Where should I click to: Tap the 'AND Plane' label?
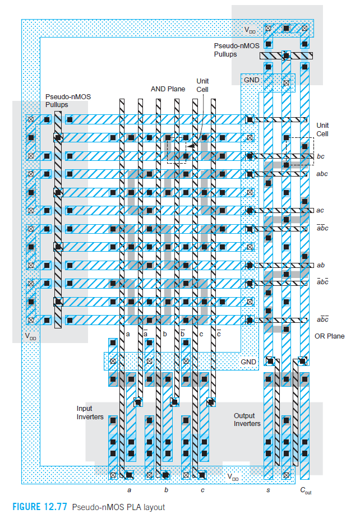(168, 89)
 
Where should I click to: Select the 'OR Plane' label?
(330, 336)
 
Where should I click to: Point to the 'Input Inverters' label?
(90, 413)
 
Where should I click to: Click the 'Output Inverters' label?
(247, 420)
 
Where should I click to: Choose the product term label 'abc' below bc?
(322, 174)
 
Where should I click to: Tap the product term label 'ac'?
(320, 210)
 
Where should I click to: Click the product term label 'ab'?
(321, 265)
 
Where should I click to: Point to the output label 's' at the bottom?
(268, 490)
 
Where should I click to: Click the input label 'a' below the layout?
(130, 490)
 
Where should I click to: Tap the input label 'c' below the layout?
(202, 490)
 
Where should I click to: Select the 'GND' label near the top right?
(251, 80)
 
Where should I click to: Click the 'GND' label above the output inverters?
(248, 362)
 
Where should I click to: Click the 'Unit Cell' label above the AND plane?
(202, 85)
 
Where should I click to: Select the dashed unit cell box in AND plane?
(176, 149)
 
